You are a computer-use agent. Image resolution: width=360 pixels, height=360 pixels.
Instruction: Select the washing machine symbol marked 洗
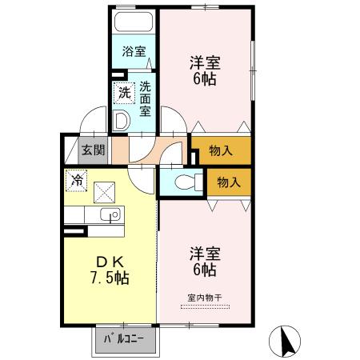(124, 92)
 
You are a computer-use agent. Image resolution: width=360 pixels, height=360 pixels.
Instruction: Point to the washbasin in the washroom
(122, 122)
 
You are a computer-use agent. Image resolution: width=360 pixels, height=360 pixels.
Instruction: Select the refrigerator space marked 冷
(77, 181)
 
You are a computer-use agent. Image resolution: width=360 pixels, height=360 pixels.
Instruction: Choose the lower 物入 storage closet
(228, 182)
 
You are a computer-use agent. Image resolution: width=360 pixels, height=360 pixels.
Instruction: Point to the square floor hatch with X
(105, 192)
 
